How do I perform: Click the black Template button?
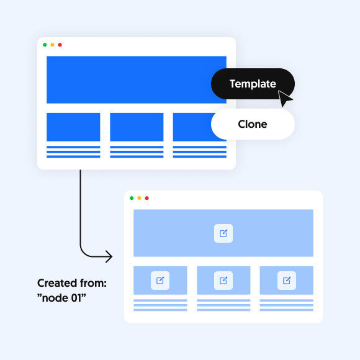253,84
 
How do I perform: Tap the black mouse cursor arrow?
284,98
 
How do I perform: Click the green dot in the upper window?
45,45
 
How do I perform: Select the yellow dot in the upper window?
52,45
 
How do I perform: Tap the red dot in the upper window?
60,45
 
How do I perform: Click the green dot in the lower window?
132,198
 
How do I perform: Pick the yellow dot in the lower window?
139,198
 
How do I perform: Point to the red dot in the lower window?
147,198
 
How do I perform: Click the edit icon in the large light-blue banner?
223,233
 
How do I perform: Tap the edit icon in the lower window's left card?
160,281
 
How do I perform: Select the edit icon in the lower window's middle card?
223,281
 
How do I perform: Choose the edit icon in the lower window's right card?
287,281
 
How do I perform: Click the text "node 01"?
61,298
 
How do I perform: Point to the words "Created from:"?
72,283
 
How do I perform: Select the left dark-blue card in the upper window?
73,127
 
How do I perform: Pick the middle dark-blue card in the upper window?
137,127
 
